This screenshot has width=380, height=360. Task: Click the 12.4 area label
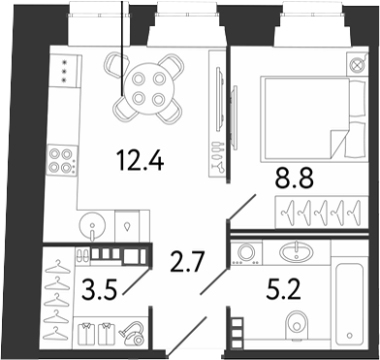click(x=142, y=160)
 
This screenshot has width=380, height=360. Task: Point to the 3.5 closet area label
click(x=99, y=289)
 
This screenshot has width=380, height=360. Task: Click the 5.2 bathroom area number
click(x=284, y=289)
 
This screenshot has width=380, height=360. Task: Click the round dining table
click(x=148, y=88)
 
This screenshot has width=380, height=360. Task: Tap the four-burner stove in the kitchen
click(x=62, y=160)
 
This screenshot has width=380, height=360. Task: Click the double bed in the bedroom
click(x=313, y=118)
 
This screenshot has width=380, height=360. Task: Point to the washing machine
click(x=246, y=253)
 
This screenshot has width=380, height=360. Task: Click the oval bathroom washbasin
click(x=296, y=252)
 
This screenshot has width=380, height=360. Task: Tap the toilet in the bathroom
click(x=297, y=326)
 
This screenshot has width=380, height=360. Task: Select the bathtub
click(x=350, y=304)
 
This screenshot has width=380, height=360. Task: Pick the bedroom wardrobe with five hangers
click(x=322, y=213)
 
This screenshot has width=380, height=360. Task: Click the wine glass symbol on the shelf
click(x=220, y=167)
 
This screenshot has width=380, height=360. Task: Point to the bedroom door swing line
click(x=242, y=208)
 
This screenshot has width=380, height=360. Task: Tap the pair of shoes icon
click(x=82, y=255)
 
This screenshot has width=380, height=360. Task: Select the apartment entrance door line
click(x=186, y=336)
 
